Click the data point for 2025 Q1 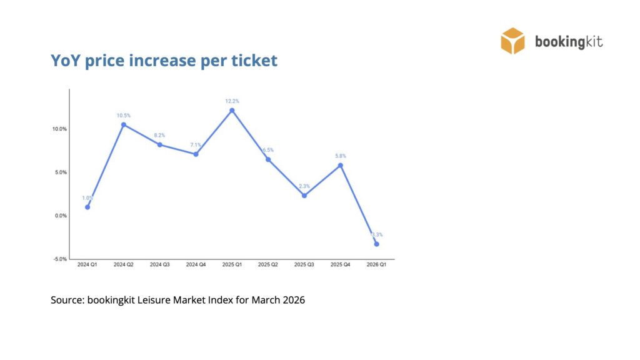coord(232,111)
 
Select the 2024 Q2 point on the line coord(124,125)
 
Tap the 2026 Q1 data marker coord(376,244)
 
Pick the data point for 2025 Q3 coord(304,196)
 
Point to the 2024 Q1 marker coord(87,207)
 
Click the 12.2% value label coord(232,101)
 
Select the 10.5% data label coord(124,116)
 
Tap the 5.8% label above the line coord(341,156)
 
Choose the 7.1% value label coord(196,145)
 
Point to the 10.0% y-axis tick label coord(59,129)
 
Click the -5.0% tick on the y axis coord(59,259)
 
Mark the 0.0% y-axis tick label coord(59,216)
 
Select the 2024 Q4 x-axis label coord(196,265)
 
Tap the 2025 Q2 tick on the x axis coord(268,265)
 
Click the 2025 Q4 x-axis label coord(341,265)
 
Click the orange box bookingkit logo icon coord(512,41)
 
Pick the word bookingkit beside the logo coord(569,42)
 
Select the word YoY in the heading coord(64,61)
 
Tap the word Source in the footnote coord(67,300)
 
